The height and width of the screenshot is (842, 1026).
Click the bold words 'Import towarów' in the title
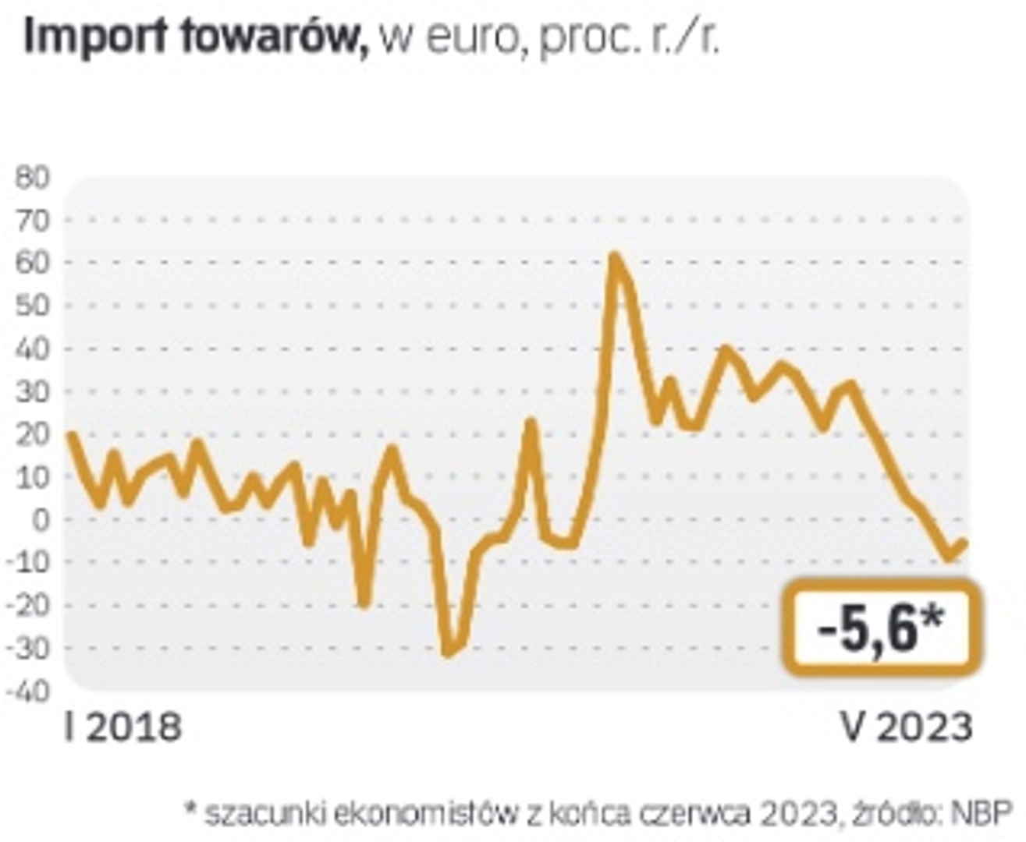(x=195, y=37)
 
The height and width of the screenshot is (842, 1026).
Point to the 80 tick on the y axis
(x=32, y=178)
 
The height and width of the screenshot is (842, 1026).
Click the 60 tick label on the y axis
(x=32, y=264)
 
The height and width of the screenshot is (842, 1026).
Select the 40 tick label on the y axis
(x=32, y=349)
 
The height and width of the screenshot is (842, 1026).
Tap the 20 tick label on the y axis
(x=32, y=434)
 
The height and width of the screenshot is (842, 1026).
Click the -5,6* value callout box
(x=881, y=626)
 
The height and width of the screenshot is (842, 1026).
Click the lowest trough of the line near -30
(x=447, y=652)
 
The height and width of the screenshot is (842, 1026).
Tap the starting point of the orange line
(x=71, y=434)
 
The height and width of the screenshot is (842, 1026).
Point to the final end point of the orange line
(x=964, y=543)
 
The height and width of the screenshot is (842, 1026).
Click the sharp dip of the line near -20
(x=364, y=603)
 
